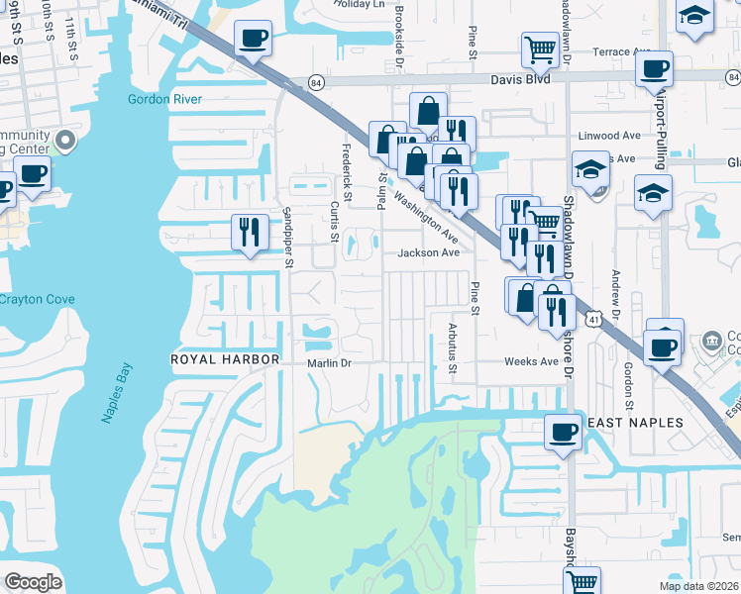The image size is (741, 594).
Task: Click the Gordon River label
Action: tap(164, 99)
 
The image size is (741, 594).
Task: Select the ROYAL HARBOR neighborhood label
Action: tap(225, 359)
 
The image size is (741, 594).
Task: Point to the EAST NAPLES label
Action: tap(635, 423)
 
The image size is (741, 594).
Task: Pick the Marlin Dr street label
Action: tap(329, 363)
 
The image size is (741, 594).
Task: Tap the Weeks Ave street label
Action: tap(531, 361)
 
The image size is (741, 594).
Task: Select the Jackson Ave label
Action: tap(428, 252)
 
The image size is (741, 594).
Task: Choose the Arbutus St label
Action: tap(453, 353)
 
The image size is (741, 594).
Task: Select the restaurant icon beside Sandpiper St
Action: tap(250, 233)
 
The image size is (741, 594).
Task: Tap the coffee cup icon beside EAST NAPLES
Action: tap(563, 432)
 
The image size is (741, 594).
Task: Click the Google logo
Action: tap(34, 582)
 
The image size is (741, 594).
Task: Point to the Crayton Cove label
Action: tap(34, 299)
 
